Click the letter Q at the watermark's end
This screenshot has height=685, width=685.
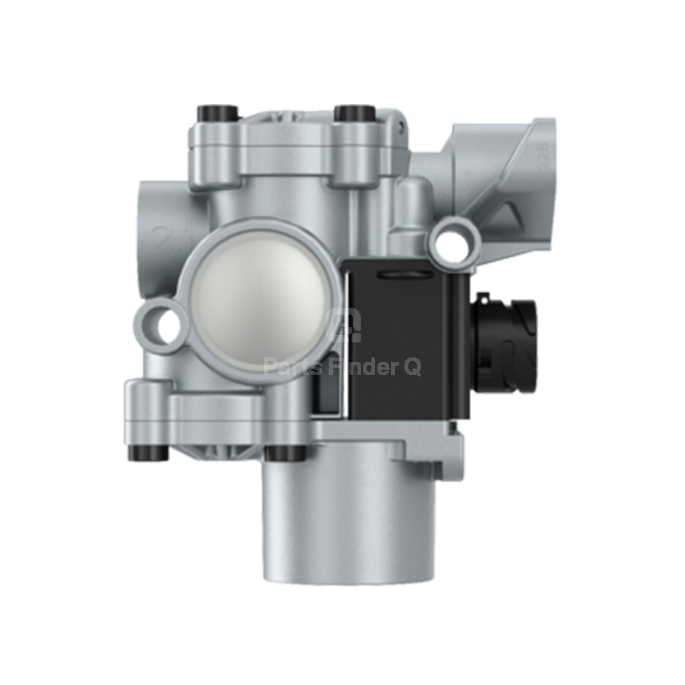(x=413, y=369)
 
